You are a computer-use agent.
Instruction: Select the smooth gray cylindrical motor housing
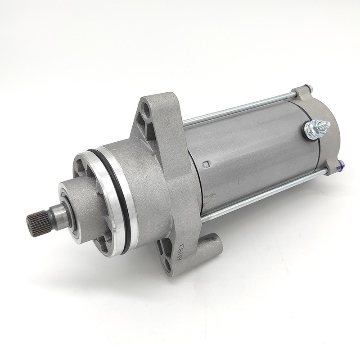252,153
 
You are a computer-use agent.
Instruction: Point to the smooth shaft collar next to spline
56,216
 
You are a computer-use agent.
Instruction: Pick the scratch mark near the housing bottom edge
211,198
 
